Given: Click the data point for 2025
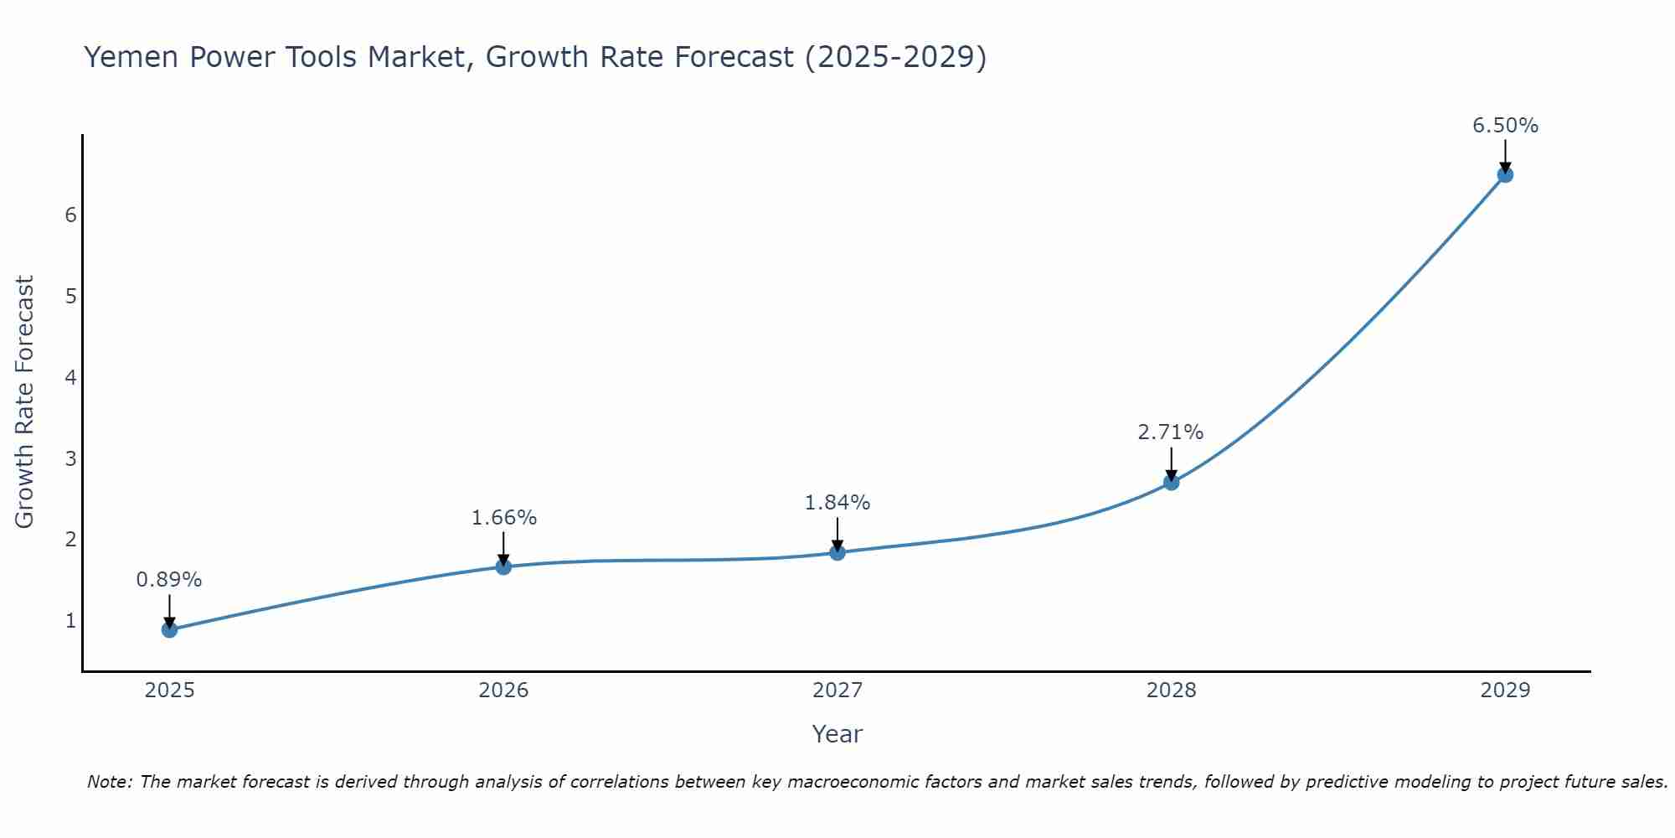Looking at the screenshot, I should [169, 629].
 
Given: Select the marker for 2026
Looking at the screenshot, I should [503, 566].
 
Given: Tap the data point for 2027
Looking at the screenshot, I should [837, 552].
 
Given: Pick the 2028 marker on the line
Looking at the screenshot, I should [1171, 482].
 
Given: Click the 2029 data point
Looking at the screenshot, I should [1505, 174].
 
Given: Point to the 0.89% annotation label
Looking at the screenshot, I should [169, 580].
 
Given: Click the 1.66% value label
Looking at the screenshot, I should [503, 518].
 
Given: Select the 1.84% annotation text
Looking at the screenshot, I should [837, 503].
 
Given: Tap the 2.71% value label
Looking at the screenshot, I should [1171, 432].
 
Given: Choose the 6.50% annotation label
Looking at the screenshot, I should [1505, 126].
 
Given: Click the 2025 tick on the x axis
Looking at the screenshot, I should [169, 691].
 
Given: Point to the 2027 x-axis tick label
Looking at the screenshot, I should [837, 691].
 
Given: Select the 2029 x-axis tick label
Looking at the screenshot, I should [1505, 691].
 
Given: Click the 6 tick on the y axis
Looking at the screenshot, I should [70, 215].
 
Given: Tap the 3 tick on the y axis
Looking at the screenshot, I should [70, 458].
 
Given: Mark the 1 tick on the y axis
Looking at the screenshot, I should [70, 621].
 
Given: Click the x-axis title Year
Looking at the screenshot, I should [837, 734].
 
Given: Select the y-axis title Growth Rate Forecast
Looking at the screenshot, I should [25, 402].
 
